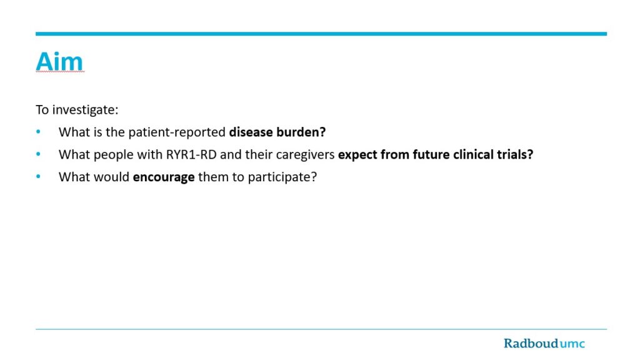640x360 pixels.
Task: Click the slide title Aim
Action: pos(59,62)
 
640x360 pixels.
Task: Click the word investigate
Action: pos(85,110)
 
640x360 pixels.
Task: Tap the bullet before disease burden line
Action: pos(38,131)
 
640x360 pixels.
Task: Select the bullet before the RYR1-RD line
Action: pos(38,154)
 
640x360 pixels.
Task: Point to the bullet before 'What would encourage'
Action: pos(38,176)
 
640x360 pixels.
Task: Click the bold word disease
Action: pos(251,132)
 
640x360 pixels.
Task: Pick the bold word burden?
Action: pos(301,132)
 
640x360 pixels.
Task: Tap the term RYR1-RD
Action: pos(191,155)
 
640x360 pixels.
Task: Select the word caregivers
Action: pos(305,155)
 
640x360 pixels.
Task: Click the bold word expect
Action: pos(357,155)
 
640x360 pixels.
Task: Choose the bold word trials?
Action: pos(515,155)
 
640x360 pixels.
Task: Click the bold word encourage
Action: pos(164,177)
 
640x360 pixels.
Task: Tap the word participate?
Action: pos(282,177)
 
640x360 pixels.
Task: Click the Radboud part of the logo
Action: pos(531,343)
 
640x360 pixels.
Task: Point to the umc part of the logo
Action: pos(572,344)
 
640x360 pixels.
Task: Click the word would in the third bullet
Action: pos(111,177)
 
